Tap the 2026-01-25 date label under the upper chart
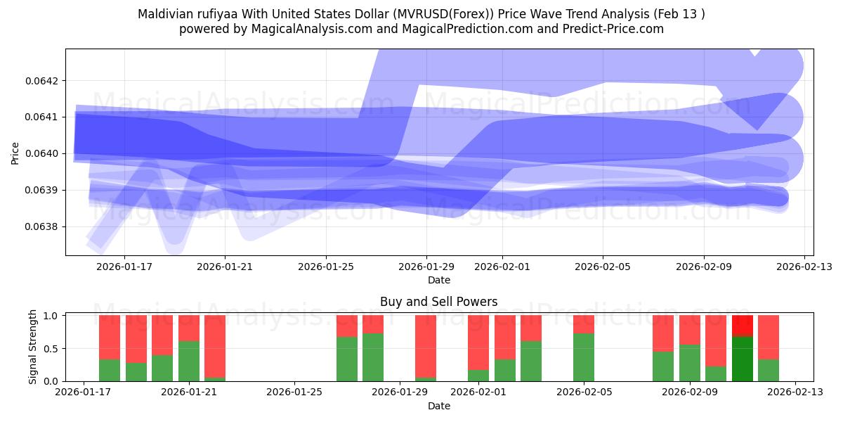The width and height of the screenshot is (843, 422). [326, 267]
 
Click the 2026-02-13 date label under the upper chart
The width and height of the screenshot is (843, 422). [805, 267]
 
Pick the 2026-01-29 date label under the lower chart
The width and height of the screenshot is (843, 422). [400, 392]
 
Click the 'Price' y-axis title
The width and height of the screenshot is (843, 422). [15, 153]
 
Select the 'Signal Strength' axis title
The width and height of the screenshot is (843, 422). [32, 347]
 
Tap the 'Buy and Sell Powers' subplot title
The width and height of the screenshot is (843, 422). [439, 302]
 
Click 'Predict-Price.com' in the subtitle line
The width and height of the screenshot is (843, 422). [615, 29]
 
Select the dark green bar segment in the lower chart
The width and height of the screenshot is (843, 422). [743, 359]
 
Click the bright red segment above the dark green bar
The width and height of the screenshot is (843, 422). [743, 326]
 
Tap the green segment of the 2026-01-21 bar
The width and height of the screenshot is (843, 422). [189, 361]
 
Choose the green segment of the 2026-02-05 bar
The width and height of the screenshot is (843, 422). [584, 357]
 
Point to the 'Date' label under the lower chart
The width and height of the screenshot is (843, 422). [439, 406]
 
